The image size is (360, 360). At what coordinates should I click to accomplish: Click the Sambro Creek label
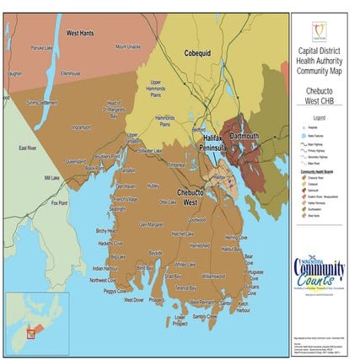coord(206,316)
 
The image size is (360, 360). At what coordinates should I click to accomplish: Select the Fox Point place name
coord(60,202)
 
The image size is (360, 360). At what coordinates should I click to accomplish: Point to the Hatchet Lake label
coord(183,234)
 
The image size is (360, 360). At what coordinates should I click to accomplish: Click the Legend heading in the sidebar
coord(319,117)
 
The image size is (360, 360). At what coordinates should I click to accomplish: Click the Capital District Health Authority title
coord(319,62)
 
